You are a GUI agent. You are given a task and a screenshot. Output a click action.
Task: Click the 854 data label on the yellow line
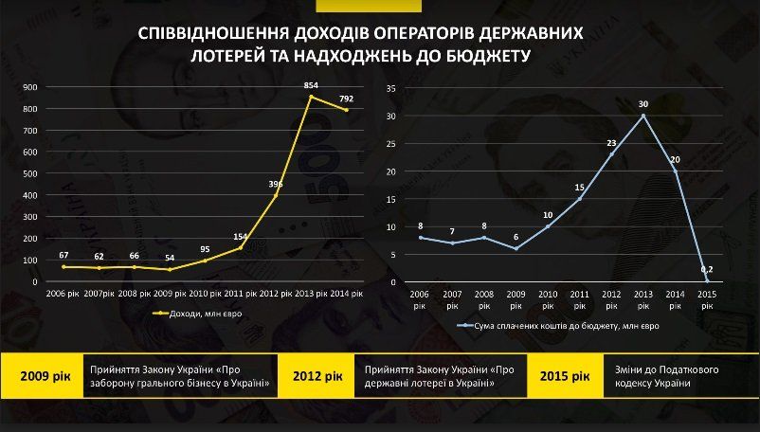[310, 85]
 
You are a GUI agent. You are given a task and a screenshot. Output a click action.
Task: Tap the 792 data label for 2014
[345, 98]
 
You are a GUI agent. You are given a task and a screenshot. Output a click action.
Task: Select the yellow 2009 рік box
[43, 376]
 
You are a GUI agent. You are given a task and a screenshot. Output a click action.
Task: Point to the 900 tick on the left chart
[29, 87]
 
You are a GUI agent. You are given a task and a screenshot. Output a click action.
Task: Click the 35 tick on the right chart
[389, 87]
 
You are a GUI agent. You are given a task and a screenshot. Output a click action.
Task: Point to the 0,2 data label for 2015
[706, 270]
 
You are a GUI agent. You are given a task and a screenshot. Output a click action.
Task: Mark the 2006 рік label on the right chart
[419, 299]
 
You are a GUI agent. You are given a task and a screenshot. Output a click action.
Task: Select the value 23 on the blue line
[611, 143]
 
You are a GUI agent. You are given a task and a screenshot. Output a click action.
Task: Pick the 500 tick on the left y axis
[29, 173]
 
